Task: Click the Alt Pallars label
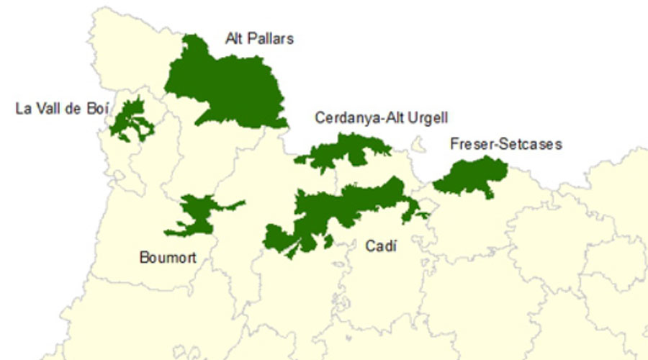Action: (x=259, y=38)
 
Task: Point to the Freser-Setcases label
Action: (x=505, y=144)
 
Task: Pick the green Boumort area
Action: (x=196, y=215)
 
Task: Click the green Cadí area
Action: (x=338, y=209)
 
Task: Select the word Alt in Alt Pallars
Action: (x=235, y=38)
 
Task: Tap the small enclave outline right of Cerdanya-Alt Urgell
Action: (x=416, y=146)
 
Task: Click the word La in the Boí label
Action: (x=23, y=109)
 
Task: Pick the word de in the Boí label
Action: (x=74, y=109)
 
